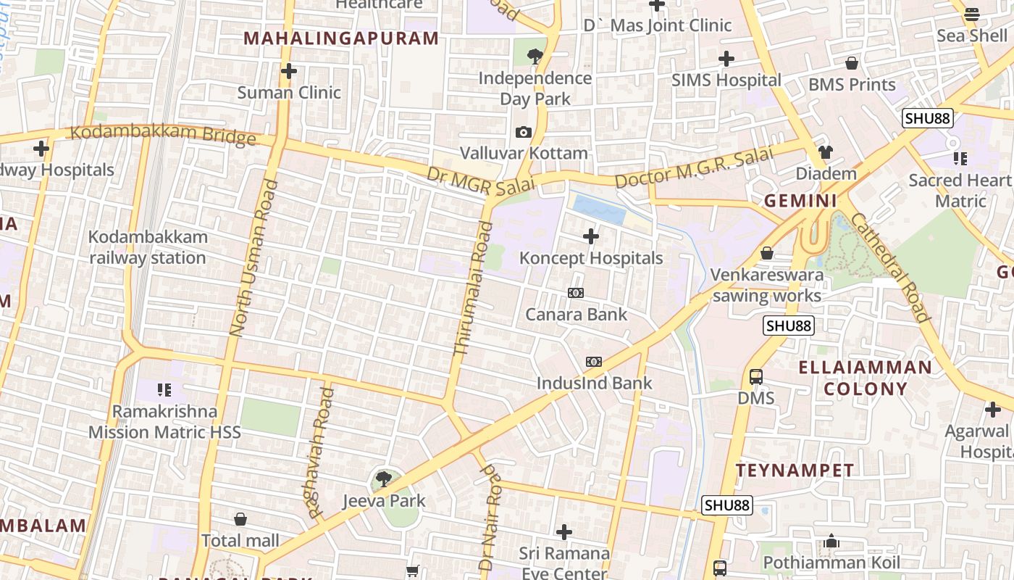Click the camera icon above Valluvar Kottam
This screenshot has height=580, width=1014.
point(524,132)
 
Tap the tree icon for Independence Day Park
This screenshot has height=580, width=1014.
point(535,55)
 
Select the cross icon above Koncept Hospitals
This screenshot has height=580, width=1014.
point(591,236)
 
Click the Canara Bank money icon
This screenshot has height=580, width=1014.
point(576,293)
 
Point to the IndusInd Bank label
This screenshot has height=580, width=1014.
point(594,383)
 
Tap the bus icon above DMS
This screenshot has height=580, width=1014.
point(756,377)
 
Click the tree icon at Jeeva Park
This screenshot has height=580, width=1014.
point(384,479)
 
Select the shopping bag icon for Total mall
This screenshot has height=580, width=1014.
point(240,519)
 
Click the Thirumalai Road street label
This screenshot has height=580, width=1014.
point(473,289)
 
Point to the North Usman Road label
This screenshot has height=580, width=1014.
point(253,258)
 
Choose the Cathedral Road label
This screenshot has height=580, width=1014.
point(889,267)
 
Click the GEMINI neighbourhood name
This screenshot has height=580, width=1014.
point(800,201)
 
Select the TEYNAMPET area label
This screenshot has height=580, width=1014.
point(795,471)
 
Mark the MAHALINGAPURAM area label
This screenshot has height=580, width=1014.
point(341,38)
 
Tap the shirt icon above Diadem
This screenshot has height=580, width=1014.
point(826,152)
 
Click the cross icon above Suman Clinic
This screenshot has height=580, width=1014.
point(289,71)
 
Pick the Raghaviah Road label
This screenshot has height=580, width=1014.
point(319,452)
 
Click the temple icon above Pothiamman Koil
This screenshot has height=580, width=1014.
point(831,542)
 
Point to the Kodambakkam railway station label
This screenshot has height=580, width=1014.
point(148,247)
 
